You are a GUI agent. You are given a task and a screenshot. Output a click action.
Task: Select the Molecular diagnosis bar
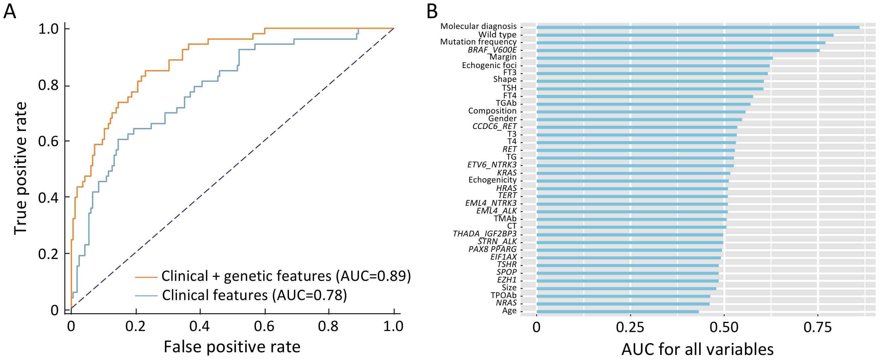pos(698,27)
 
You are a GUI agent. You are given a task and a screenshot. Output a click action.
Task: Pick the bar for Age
pos(618,312)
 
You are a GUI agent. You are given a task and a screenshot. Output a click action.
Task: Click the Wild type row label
pos(497,35)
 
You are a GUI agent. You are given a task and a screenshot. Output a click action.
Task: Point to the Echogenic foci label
pos(489,65)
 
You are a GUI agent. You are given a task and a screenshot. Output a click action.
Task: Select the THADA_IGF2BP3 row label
pos(485,234)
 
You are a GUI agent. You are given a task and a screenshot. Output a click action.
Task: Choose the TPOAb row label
pos(503,295)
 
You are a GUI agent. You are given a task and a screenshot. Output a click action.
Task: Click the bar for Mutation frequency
pos(681,43)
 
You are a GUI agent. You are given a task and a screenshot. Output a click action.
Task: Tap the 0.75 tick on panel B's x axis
pos(817,328)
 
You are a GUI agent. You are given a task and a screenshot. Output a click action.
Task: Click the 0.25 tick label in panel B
pos(630,328)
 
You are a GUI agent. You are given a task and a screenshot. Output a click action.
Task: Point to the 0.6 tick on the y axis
pos(48,141)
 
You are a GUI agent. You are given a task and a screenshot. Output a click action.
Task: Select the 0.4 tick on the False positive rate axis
pos(200,326)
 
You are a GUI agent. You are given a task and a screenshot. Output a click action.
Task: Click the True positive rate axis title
pos(21,168)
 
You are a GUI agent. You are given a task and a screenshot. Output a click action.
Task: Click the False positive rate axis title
pos(232,347)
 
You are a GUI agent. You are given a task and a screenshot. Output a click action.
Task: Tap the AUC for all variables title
pos(697,350)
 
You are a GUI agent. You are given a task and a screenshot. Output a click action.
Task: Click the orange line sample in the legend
pos(146,276)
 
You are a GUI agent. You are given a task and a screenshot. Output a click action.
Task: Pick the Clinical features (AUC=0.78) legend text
pos(255,295)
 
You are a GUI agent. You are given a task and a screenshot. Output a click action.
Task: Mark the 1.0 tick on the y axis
pos(48,29)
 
